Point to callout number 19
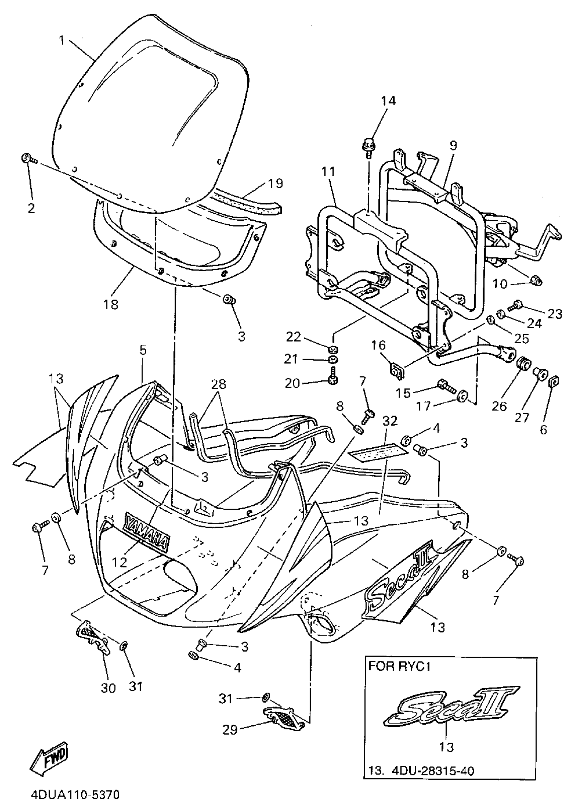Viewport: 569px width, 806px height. (x=275, y=183)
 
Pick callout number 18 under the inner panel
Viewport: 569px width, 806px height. (x=111, y=304)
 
